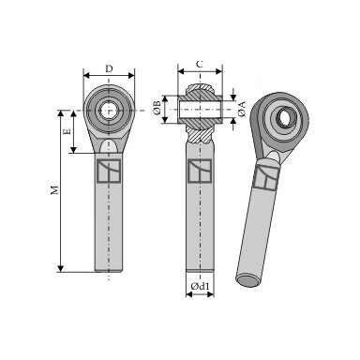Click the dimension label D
click(109, 68)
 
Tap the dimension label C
click(200, 65)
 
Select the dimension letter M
click(54, 190)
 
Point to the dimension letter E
click(67, 131)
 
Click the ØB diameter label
click(157, 108)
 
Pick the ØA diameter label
click(242, 109)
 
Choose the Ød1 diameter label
click(200, 286)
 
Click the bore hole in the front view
click(108, 111)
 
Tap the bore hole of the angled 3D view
click(284, 118)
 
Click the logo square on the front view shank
click(109, 171)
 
